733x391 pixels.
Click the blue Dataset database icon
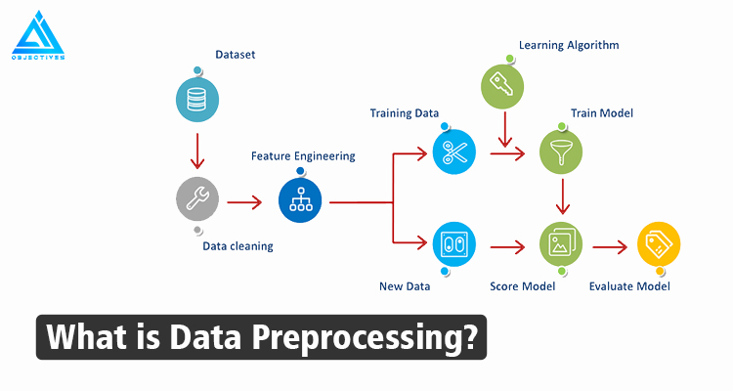(198, 98)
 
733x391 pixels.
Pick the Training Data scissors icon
(454, 152)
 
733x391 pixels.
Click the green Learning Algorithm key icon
(504, 85)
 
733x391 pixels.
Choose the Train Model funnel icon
(562, 152)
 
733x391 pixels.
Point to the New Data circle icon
(454, 243)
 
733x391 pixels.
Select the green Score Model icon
(562, 243)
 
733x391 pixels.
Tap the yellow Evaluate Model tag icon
(658, 243)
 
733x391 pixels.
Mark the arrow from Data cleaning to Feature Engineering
(245, 201)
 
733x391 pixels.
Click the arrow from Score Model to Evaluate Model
(611, 244)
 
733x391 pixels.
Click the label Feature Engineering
(303, 156)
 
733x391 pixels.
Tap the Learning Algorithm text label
(568, 45)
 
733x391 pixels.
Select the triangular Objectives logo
(38, 36)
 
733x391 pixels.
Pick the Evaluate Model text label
(630, 286)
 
